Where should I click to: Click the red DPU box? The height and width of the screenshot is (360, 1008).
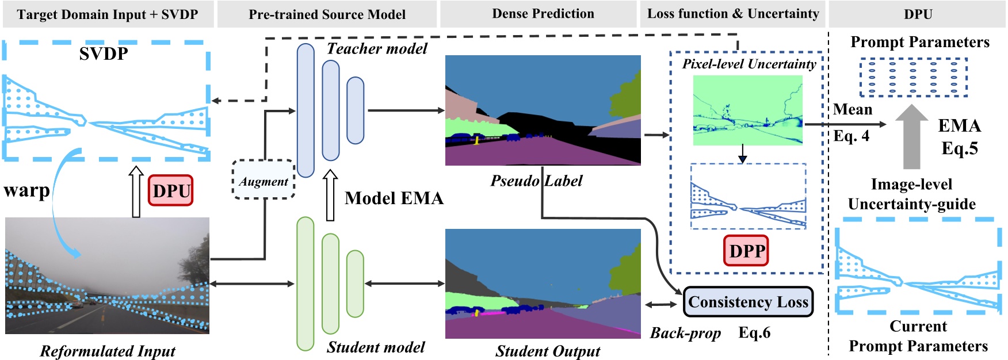(171, 191)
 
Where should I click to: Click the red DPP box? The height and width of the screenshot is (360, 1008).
(746, 251)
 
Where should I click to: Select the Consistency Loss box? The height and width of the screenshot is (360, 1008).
(748, 302)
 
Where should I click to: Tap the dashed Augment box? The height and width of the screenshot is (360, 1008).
(264, 181)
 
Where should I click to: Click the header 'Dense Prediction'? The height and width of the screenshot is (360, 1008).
(543, 14)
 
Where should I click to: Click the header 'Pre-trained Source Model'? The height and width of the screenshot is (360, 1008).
(327, 14)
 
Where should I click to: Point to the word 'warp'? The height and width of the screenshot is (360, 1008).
(26, 190)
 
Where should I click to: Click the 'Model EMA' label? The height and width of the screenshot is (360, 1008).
(394, 198)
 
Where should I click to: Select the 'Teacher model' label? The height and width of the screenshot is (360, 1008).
(377, 49)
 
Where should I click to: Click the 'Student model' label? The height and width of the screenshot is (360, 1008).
(376, 347)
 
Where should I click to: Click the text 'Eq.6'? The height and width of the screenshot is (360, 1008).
(754, 333)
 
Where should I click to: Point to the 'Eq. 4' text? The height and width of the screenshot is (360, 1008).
(852, 136)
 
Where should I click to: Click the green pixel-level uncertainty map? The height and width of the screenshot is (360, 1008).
(747, 110)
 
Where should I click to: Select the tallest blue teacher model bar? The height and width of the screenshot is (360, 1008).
(306, 110)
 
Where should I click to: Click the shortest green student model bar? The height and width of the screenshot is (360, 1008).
(355, 284)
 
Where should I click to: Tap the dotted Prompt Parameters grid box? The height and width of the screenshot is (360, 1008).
(913, 78)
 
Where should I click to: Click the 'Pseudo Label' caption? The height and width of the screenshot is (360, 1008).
(536, 181)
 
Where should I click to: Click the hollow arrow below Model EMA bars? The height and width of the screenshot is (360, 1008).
(330, 196)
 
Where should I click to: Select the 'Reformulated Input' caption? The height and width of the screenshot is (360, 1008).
(108, 351)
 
